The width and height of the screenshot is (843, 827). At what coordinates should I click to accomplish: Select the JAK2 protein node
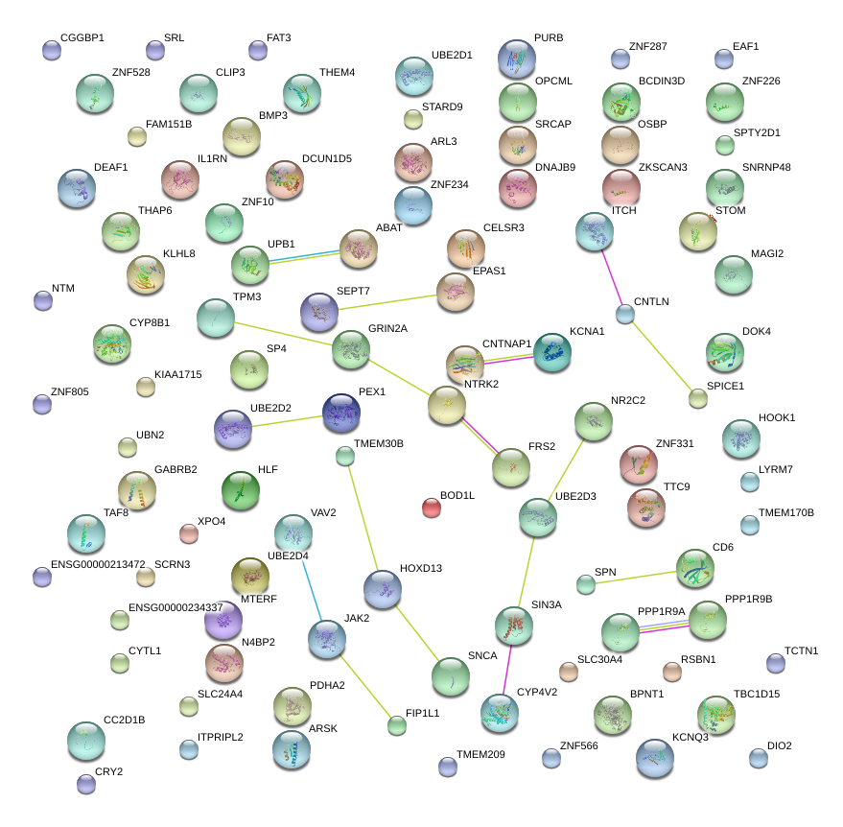point(327,637)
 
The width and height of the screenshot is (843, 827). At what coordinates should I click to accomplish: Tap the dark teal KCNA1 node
point(551,352)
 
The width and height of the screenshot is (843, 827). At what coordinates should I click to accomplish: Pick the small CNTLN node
point(625,314)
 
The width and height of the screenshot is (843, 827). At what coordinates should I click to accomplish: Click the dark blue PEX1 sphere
point(341,413)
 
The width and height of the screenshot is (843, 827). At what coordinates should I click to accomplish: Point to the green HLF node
point(240,490)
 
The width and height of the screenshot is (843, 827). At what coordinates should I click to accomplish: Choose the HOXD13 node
point(383,588)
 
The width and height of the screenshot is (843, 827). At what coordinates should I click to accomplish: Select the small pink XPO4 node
point(189,533)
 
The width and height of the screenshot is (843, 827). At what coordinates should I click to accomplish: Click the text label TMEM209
point(480,754)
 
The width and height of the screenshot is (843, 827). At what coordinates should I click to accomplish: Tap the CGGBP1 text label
point(82,38)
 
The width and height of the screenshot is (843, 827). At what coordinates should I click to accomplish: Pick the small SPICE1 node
point(698,398)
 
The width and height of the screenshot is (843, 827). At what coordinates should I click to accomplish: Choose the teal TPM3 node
point(215,319)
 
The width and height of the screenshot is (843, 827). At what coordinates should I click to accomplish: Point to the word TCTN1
point(802,650)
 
